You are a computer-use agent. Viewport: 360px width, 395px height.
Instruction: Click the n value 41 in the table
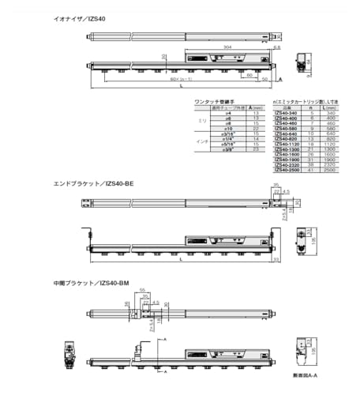(x=312, y=169)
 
